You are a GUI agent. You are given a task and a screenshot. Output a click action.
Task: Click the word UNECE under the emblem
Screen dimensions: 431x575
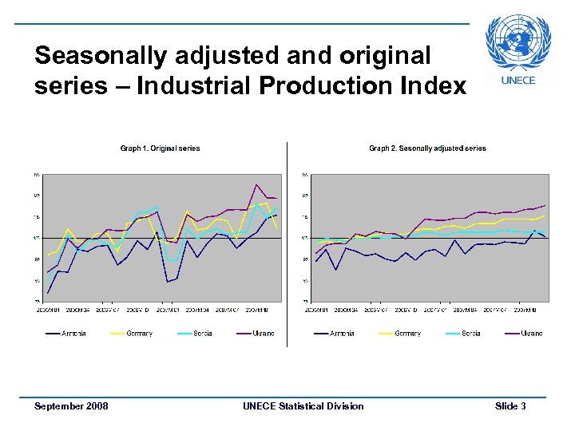517,80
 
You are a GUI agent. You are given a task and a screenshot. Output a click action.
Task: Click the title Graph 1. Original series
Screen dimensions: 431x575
160,148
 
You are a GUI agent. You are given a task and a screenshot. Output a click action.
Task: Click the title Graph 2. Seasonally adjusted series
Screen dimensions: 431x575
427,148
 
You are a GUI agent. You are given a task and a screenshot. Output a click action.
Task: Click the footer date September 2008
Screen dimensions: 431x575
71,406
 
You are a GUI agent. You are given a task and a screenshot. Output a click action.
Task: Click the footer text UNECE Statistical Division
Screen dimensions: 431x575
303,406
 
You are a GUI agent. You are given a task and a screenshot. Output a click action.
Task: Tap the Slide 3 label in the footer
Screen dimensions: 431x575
510,406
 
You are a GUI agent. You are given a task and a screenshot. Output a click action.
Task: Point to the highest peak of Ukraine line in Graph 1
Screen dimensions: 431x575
256,184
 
